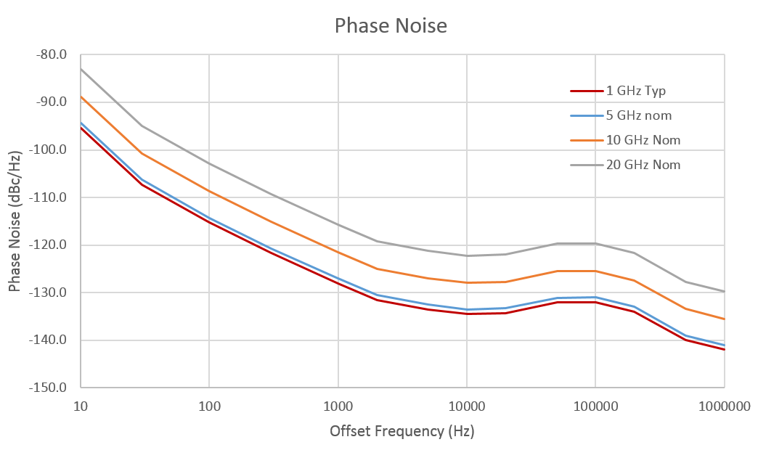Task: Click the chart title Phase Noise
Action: point(391,26)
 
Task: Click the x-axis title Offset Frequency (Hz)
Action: point(402,431)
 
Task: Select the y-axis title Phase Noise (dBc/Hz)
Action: point(15,221)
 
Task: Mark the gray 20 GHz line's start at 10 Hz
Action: point(81,69)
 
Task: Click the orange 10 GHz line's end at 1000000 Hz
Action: point(724,319)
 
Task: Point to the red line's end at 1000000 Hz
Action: point(724,350)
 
